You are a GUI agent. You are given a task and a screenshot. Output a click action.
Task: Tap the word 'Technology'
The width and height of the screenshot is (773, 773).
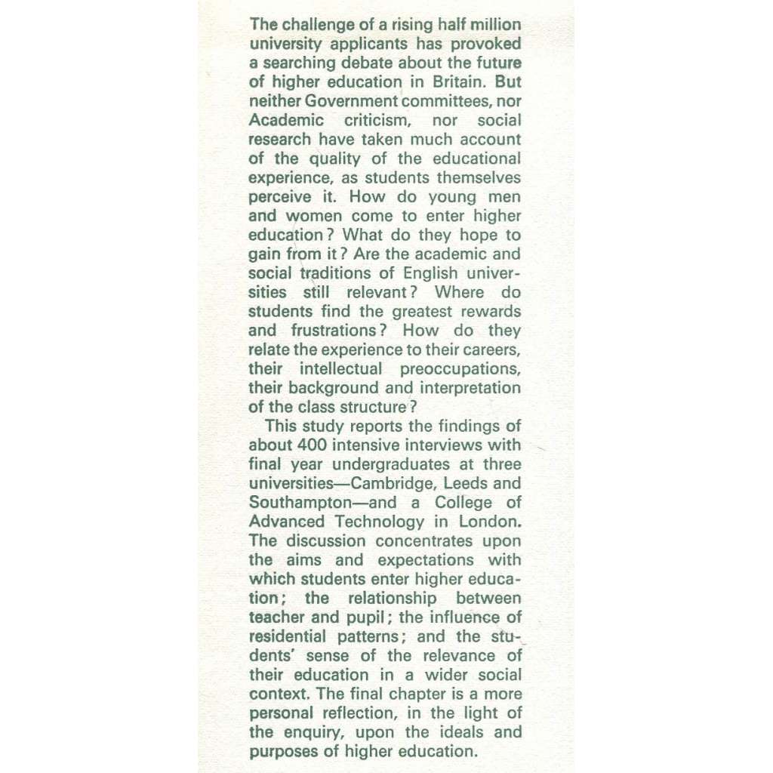(380, 522)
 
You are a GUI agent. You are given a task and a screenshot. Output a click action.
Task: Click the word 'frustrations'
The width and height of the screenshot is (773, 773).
(334, 331)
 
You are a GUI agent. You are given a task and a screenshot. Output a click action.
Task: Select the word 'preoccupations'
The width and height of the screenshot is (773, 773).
(460, 368)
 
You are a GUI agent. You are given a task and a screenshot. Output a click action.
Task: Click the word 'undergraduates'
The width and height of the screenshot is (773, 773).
(392, 464)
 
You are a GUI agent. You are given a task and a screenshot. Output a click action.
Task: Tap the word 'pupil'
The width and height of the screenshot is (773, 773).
(371, 617)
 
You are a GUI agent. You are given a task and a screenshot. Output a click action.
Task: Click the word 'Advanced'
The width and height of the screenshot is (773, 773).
(288, 522)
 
